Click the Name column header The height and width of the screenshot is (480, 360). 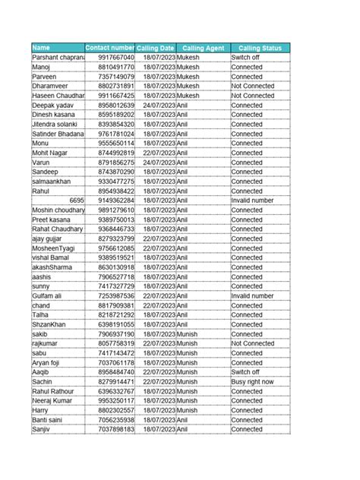(57, 48)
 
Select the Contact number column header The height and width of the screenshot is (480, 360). (110, 48)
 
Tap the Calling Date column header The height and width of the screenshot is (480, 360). (156, 48)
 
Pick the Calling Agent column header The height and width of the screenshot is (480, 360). (203, 48)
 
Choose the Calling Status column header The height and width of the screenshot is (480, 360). (260, 48)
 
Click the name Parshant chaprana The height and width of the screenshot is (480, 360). (57, 58)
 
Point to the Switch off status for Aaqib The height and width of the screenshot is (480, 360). (245, 372)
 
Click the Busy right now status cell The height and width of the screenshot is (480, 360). (253, 382)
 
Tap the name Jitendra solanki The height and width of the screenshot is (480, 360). (55, 124)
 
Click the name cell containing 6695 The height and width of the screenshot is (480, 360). (76, 201)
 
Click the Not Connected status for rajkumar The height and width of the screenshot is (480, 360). (253, 343)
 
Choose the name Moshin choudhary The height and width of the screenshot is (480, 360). (58, 210)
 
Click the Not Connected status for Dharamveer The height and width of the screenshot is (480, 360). (253, 87)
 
